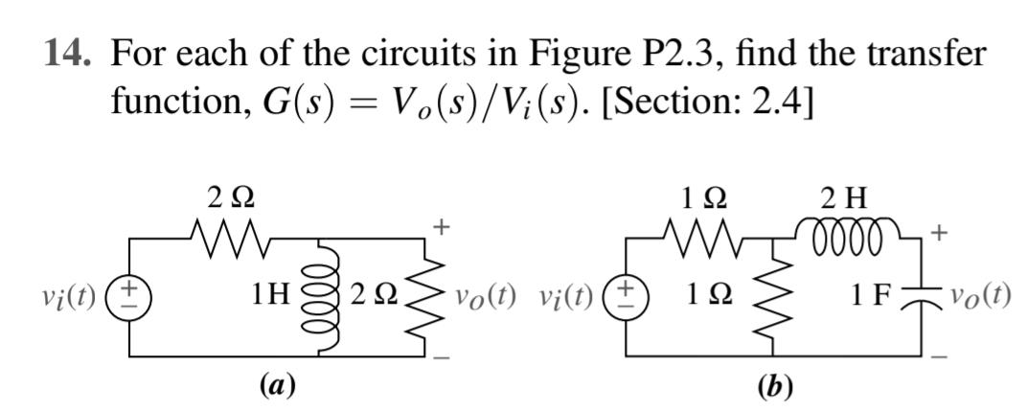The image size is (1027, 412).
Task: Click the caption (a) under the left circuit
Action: [x=278, y=385]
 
